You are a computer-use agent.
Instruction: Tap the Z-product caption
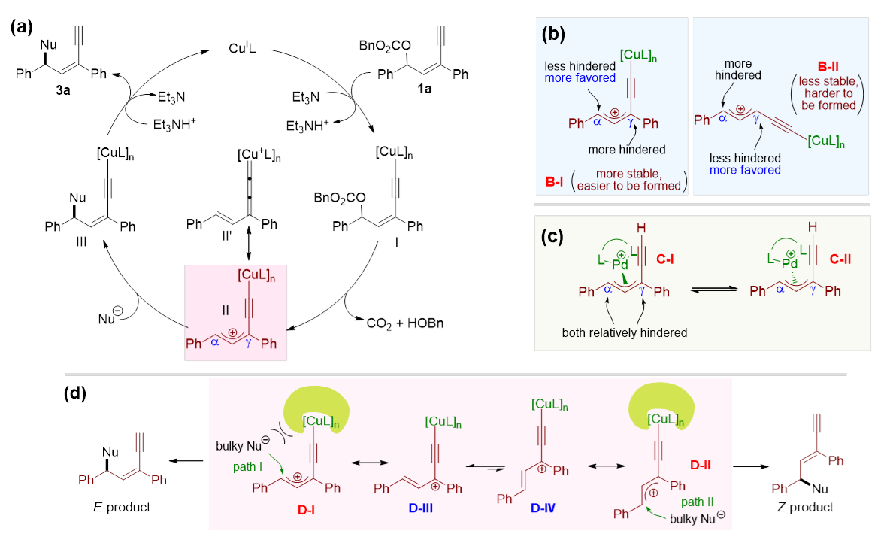804,507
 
